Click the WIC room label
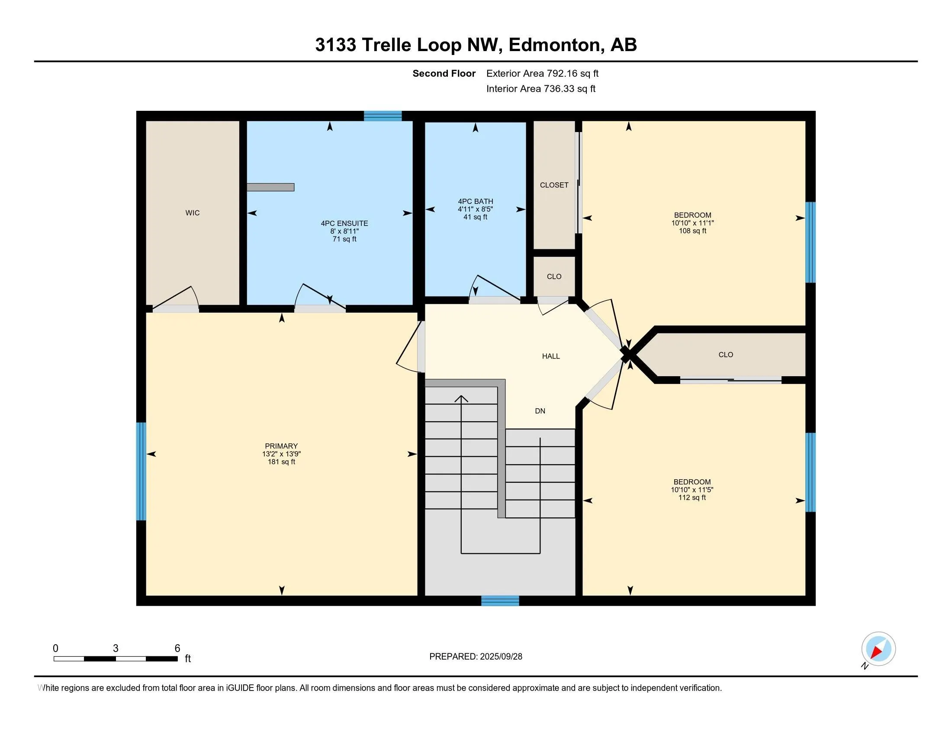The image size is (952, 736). click(x=192, y=213)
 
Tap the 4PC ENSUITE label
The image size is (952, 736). click(x=344, y=223)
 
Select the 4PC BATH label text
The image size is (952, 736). click(x=476, y=201)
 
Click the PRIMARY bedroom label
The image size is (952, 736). click(x=281, y=446)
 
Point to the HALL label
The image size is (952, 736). click(x=551, y=356)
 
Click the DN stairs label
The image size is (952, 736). click(x=540, y=411)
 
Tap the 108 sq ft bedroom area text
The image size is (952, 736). click(x=693, y=231)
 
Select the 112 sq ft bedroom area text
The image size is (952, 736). click(x=692, y=497)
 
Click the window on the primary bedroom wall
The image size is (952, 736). click(x=141, y=471)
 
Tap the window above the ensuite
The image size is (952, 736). click(x=383, y=116)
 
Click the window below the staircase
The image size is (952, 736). click(x=500, y=600)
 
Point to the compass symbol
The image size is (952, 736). click(x=878, y=649)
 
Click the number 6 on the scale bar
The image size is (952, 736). click(x=177, y=649)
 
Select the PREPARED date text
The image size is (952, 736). click(x=476, y=657)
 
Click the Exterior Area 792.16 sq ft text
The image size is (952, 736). click(x=542, y=73)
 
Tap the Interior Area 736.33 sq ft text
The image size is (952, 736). click(x=541, y=88)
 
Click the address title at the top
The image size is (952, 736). click(x=476, y=45)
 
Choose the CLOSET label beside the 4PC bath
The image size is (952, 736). click(x=554, y=185)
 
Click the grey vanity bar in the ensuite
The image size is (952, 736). click(x=270, y=187)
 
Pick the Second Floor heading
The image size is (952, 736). click(x=444, y=73)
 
